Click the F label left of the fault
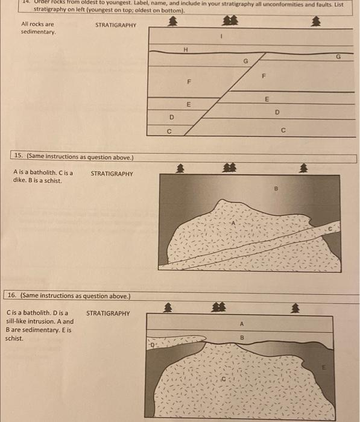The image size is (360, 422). pyautogui.click(x=189, y=81)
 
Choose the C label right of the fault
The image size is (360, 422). pyautogui.click(x=282, y=128)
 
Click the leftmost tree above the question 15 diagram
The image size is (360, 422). pyautogui.click(x=178, y=168)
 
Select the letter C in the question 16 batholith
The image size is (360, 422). pyautogui.click(x=223, y=381)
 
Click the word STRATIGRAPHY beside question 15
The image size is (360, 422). pyautogui.click(x=112, y=174)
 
